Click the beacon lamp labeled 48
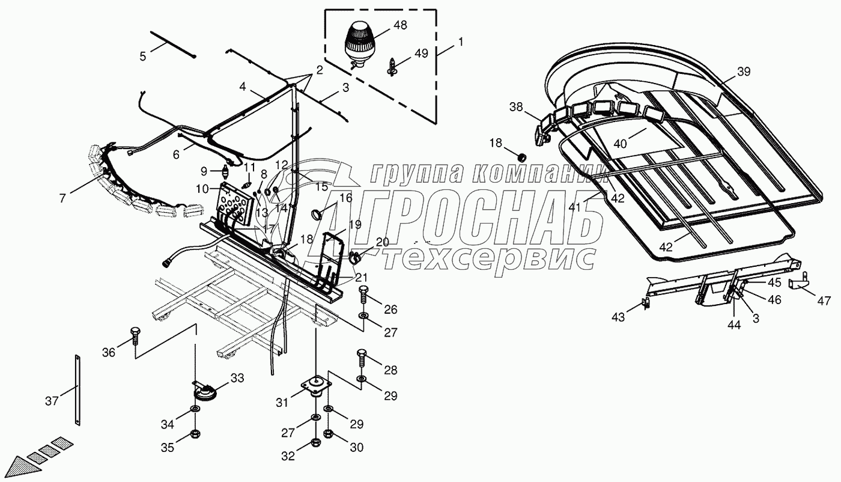coord(358,42)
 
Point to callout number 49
coord(421,53)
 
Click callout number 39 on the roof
coord(744,72)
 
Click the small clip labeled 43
coord(646,304)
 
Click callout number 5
coord(143,56)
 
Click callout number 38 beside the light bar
coord(516,108)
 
